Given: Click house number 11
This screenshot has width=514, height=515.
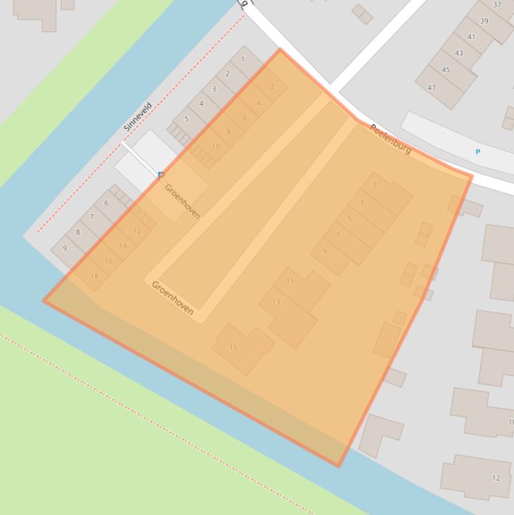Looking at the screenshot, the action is (290, 281).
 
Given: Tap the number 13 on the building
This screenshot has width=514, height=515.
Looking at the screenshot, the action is (276, 302).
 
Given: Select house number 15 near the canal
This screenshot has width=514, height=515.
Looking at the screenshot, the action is (233, 347).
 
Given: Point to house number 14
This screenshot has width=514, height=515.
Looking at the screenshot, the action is (122, 245).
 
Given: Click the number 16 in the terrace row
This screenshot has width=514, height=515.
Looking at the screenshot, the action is (108, 262).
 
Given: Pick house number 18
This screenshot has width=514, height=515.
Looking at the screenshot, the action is (94, 276).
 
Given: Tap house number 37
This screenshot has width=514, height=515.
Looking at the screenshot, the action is (497, 5).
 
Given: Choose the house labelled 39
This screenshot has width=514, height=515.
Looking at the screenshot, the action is (484, 21).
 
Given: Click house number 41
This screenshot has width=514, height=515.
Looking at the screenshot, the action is (471, 37).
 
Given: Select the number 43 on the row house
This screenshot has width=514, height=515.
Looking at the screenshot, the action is (459, 53).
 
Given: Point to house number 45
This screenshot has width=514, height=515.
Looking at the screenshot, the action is (446, 70).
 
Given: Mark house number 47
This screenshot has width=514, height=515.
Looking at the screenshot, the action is (432, 88).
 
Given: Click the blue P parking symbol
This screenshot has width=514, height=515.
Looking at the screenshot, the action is (477, 152).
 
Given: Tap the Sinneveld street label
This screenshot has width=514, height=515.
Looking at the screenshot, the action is (138, 116).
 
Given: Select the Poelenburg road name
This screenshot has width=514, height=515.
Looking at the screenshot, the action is (390, 139).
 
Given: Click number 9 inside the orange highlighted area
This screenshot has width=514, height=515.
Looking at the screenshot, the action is (325, 251).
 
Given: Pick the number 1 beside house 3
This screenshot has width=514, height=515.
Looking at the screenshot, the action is (375, 185).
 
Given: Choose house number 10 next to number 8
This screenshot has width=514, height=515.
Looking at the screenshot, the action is (216, 146).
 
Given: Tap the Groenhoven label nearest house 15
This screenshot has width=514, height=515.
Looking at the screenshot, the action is (172, 297).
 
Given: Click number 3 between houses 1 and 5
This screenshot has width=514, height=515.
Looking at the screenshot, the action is (362, 203).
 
